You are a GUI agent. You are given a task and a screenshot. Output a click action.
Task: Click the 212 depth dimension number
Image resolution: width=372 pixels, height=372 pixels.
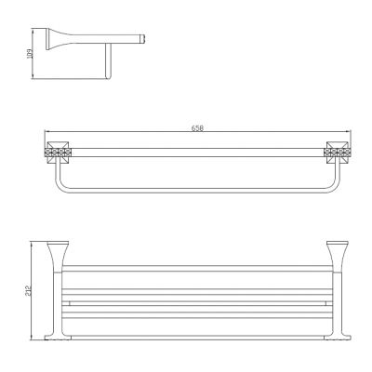coord(31,290)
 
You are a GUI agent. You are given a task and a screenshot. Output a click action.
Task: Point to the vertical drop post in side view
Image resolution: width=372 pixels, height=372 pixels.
coord(109,64)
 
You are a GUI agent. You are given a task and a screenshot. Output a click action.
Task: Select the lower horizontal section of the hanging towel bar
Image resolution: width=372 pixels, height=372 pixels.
coord(195,183)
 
